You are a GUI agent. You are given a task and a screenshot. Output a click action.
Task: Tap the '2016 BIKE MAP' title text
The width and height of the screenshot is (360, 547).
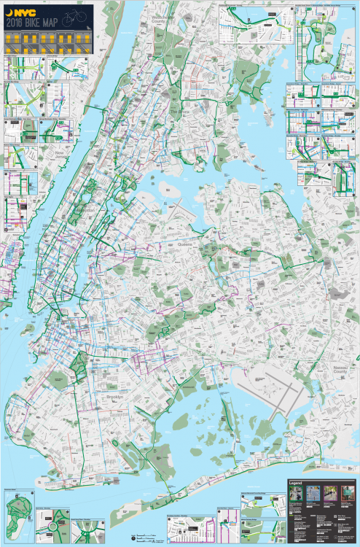[33, 22]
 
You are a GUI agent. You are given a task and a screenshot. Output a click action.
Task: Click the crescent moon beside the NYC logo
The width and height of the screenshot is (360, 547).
[10, 12]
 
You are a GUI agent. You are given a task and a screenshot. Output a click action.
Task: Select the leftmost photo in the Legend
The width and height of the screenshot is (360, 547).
[297, 494]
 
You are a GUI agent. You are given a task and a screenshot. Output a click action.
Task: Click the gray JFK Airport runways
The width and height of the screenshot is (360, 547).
[271, 390]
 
